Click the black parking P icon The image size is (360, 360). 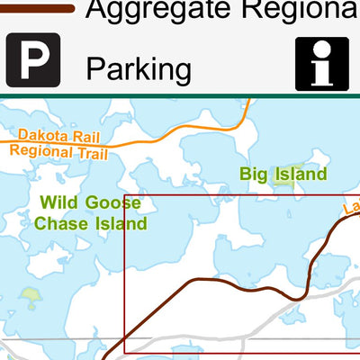(x=33, y=60)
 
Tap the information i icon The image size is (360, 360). (x=321, y=63)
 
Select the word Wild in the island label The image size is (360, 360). (x=60, y=202)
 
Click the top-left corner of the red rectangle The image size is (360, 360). (x=124, y=195)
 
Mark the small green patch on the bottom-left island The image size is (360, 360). (x=31, y=293)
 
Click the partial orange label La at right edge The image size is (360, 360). (x=351, y=210)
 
